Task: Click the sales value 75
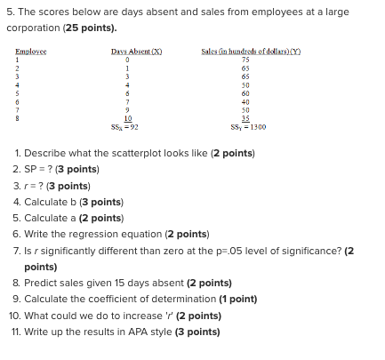[x=244, y=60]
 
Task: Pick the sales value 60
[x=244, y=92]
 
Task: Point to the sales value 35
[x=244, y=117]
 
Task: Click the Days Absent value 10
[x=128, y=117]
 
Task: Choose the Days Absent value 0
[x=128, y=60]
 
